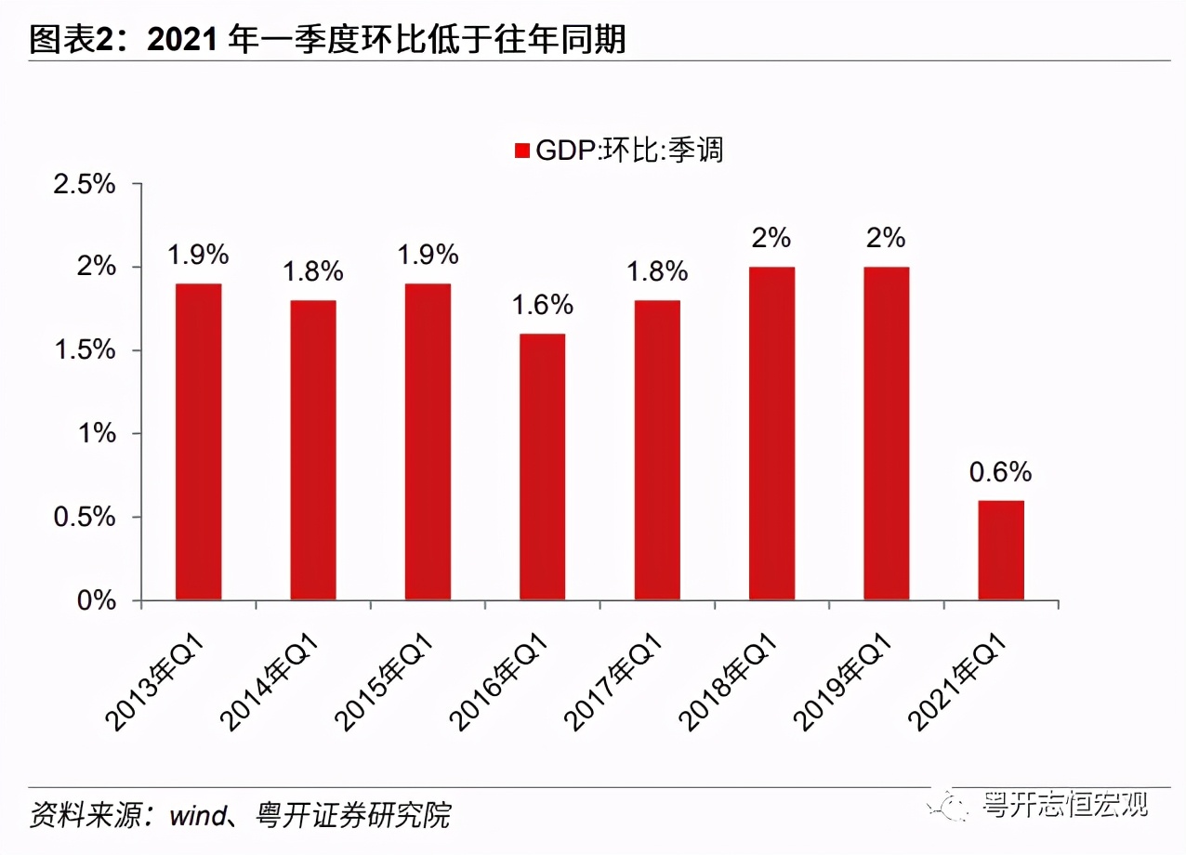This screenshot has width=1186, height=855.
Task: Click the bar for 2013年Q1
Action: coord(198,441)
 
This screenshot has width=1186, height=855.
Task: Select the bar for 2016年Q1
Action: coord(542,467)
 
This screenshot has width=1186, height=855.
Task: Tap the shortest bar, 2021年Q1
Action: coord(1001,550)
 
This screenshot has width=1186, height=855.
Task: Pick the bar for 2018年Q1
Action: coord(771,433)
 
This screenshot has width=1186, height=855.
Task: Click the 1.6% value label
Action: coord(542,305)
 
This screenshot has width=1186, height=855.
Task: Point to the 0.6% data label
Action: coord(1000,472)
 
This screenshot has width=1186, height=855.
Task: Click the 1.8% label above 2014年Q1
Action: coord(312,271)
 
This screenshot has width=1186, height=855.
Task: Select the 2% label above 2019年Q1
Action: coord(886,238)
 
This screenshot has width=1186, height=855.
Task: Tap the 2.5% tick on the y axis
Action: coord(85,184)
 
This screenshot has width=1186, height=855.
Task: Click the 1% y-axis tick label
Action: coord(97,434)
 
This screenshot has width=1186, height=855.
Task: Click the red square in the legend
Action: coord(521,151)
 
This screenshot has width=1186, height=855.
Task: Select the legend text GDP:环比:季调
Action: coord(629,150)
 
